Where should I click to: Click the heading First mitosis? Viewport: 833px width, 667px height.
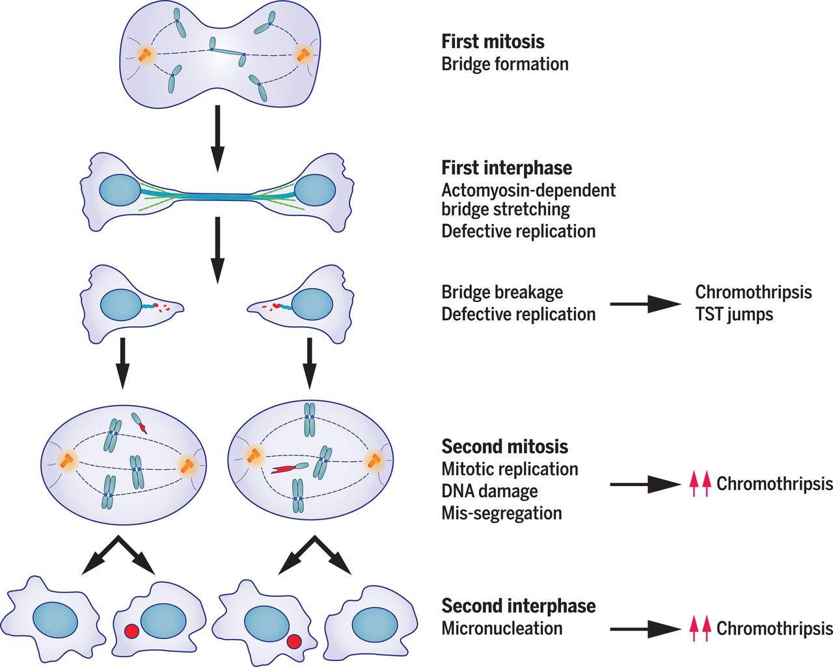point(493,42)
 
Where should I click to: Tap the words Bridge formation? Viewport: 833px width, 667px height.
point(505,64)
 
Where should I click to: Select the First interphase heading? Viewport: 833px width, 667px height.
point(506,168)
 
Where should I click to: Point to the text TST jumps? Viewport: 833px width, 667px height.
point(734,314)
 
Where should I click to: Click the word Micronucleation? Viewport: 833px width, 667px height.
point(502,629)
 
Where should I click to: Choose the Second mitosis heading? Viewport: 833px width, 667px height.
point(504,447)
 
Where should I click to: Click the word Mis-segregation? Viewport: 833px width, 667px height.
point(501,513)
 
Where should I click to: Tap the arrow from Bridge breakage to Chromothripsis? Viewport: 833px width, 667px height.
point(645,304)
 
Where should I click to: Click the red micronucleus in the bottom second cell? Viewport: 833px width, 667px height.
point(131,631)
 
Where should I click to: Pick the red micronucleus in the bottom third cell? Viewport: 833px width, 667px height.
point(293,642)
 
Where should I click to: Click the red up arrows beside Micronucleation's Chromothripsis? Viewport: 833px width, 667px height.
point(700,629)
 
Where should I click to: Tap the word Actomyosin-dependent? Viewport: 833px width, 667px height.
point(528,190)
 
